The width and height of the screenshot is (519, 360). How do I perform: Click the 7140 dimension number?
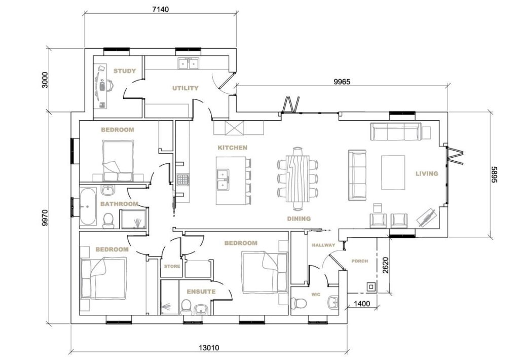click(160, 9)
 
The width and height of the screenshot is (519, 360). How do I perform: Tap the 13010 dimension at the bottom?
click(209, 348)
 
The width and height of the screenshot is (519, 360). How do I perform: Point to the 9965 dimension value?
click(342, 82)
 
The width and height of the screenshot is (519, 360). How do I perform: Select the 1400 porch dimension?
click(362, 304)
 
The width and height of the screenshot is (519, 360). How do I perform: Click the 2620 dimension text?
click(385, 265)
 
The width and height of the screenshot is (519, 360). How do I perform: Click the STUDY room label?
click(125, 71)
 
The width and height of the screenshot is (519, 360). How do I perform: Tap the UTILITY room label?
click(186, 88)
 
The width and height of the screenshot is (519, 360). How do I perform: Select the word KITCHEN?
click(232, 148)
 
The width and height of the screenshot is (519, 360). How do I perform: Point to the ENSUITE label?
click(201, 292)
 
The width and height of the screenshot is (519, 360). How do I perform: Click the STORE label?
click(172, 266)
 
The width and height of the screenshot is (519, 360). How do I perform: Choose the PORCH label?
click(359, 261)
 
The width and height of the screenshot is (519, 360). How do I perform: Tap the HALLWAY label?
click(323, 245)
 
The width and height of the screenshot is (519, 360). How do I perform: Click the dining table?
click(298, 179)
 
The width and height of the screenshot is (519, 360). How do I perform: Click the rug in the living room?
click(393, 172)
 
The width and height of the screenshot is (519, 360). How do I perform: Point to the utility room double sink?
click(189, 63)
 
